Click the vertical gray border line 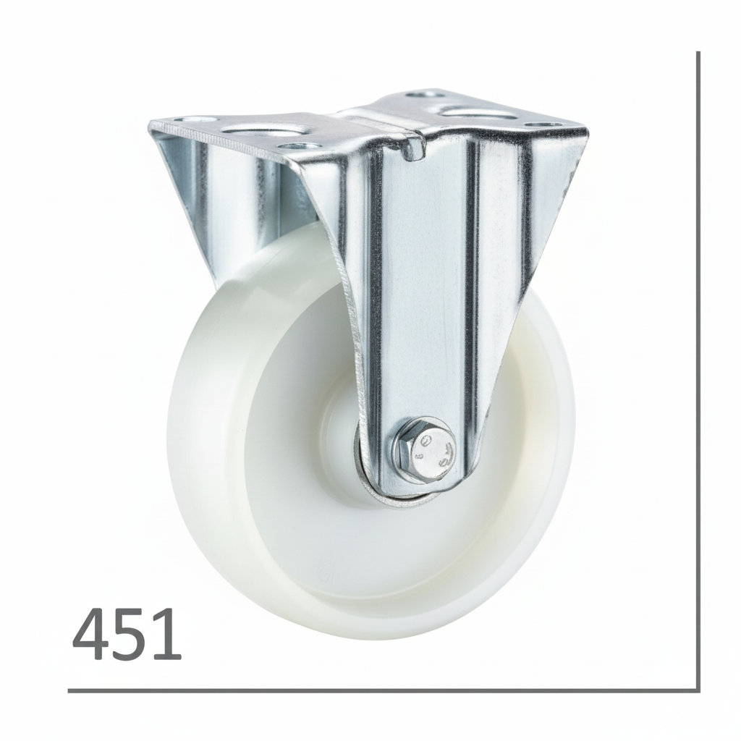698,362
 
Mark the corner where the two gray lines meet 698,690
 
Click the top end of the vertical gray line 698,54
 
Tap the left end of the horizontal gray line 70,690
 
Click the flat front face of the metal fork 427,289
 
